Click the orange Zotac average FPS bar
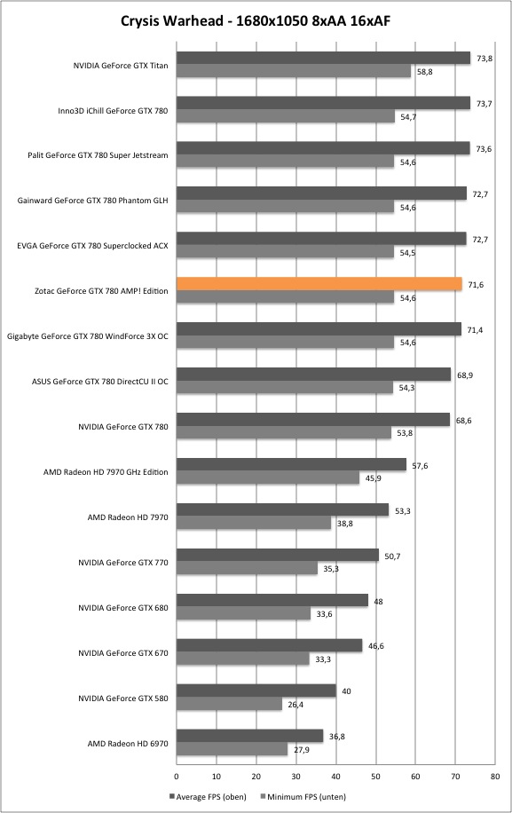pyautogui.click(x=319, y=284)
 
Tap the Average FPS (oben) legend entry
pyautogui.click(x=208, y=796)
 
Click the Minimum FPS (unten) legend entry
pyautogui.click(x=303, y=796)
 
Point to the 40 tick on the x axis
pyautogui.click(x=335, y=777)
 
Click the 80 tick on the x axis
pyautogui.click(x=495, y=777)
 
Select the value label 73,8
pyautogui.click(x=484, y=59)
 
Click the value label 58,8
pyautogui.click(x=424, y=72)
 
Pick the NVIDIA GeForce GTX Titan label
pyautogui.click(x=121, y=66)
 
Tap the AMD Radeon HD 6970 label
pyautogui.click(x=128, y=744)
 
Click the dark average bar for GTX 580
pyautogui.click(x=256, y=691)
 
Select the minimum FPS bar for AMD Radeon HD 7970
pyautogui.click(x=254, y=523)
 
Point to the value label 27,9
pyautogui.click(x=302, y=750)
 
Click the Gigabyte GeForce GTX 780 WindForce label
pyautogui.click(x=88, y=336)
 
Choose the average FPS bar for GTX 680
pyautogui.click(x=272, y=600)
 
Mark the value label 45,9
pyautogui.click(x=373, y=478)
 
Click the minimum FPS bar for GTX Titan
pyautogui.click(x=294, y=71)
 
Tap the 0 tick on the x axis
pyautogui.click(x=177, y=777)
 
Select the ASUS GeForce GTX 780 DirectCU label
pyautogui.click(x=100, y=382)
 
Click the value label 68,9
pyautogui.click(x=465, y=375)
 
